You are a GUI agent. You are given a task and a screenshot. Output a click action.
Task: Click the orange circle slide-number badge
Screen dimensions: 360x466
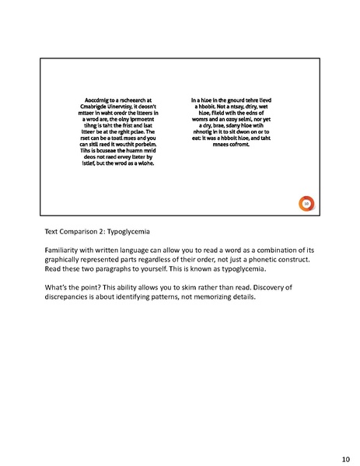pos(306,204)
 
